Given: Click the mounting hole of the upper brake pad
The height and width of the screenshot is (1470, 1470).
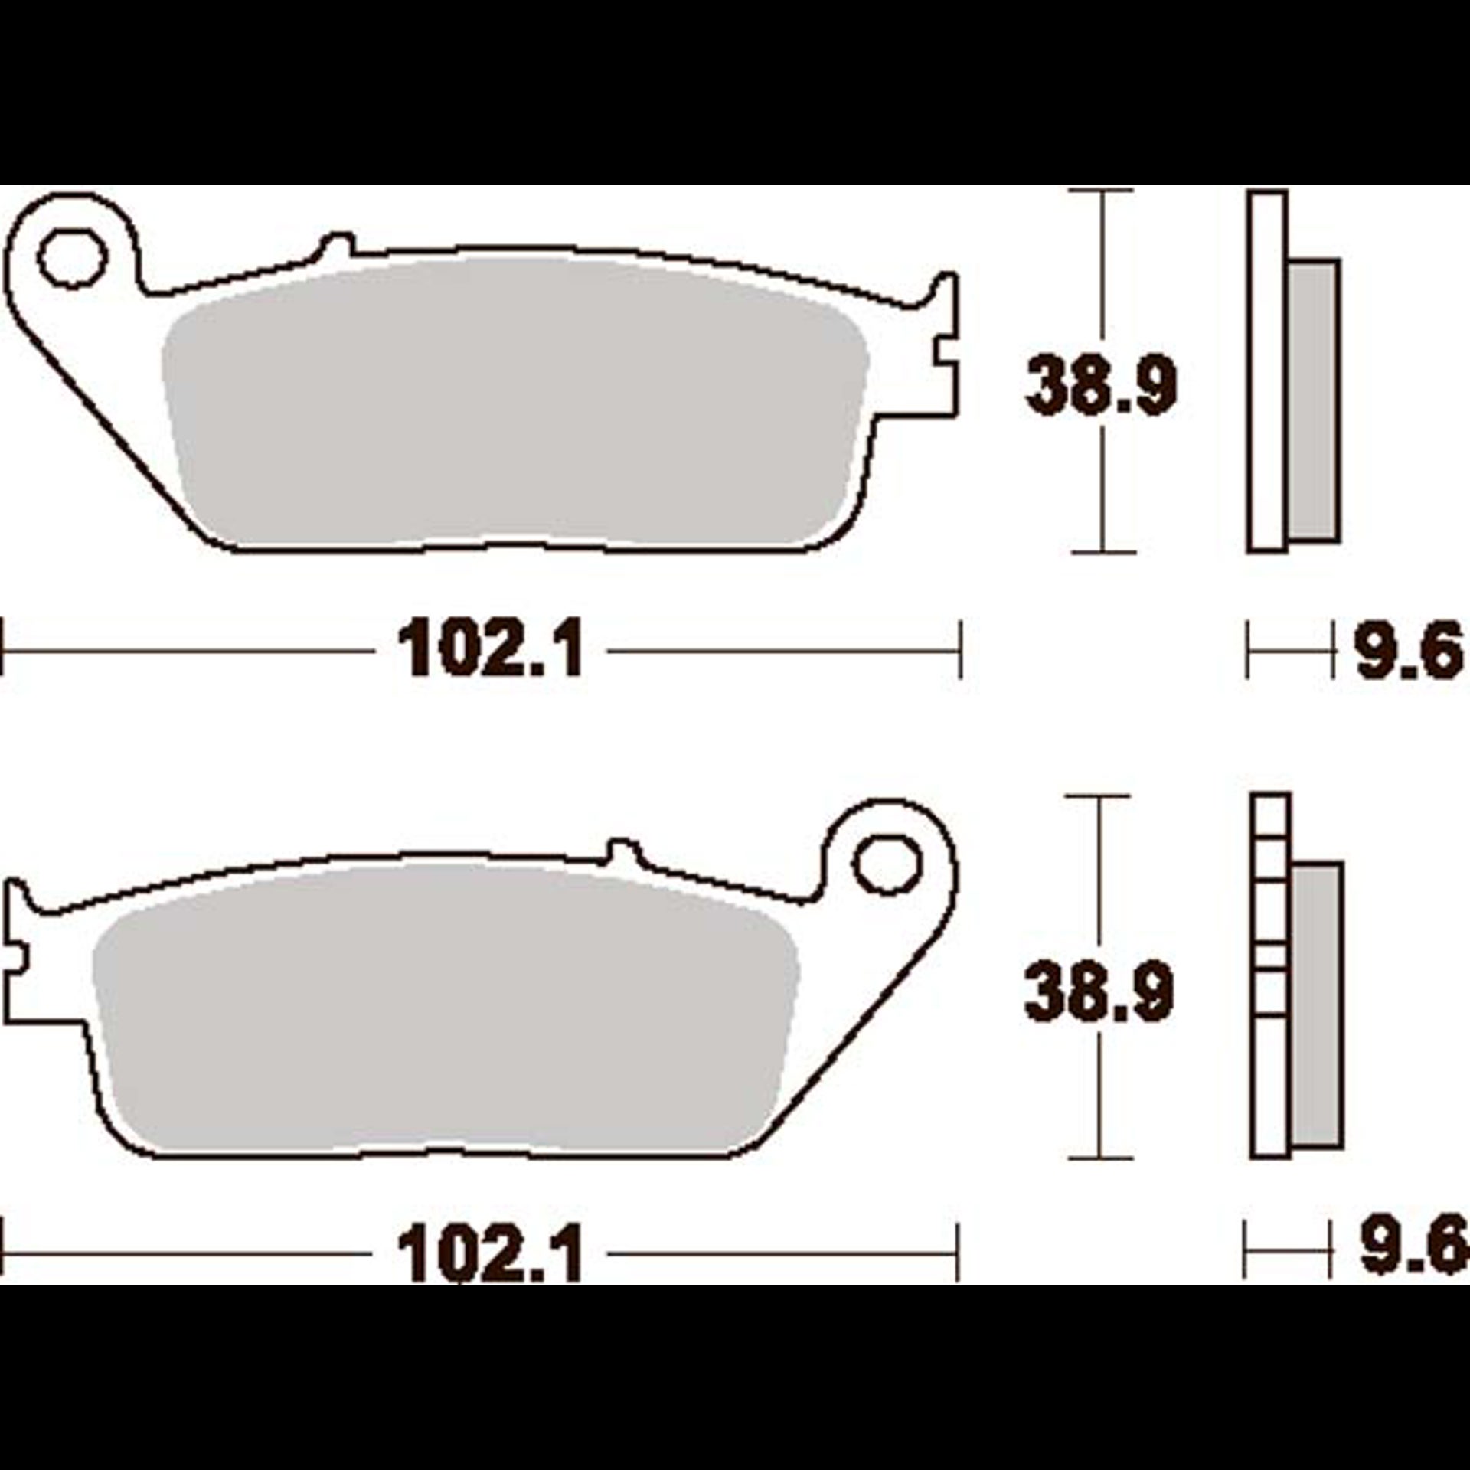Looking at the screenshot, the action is tap(73, 260).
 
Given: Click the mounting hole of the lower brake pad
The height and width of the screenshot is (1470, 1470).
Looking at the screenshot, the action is tap(887, 864).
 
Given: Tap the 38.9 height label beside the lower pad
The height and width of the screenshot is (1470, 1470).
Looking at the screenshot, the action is tap(1099, 991).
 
